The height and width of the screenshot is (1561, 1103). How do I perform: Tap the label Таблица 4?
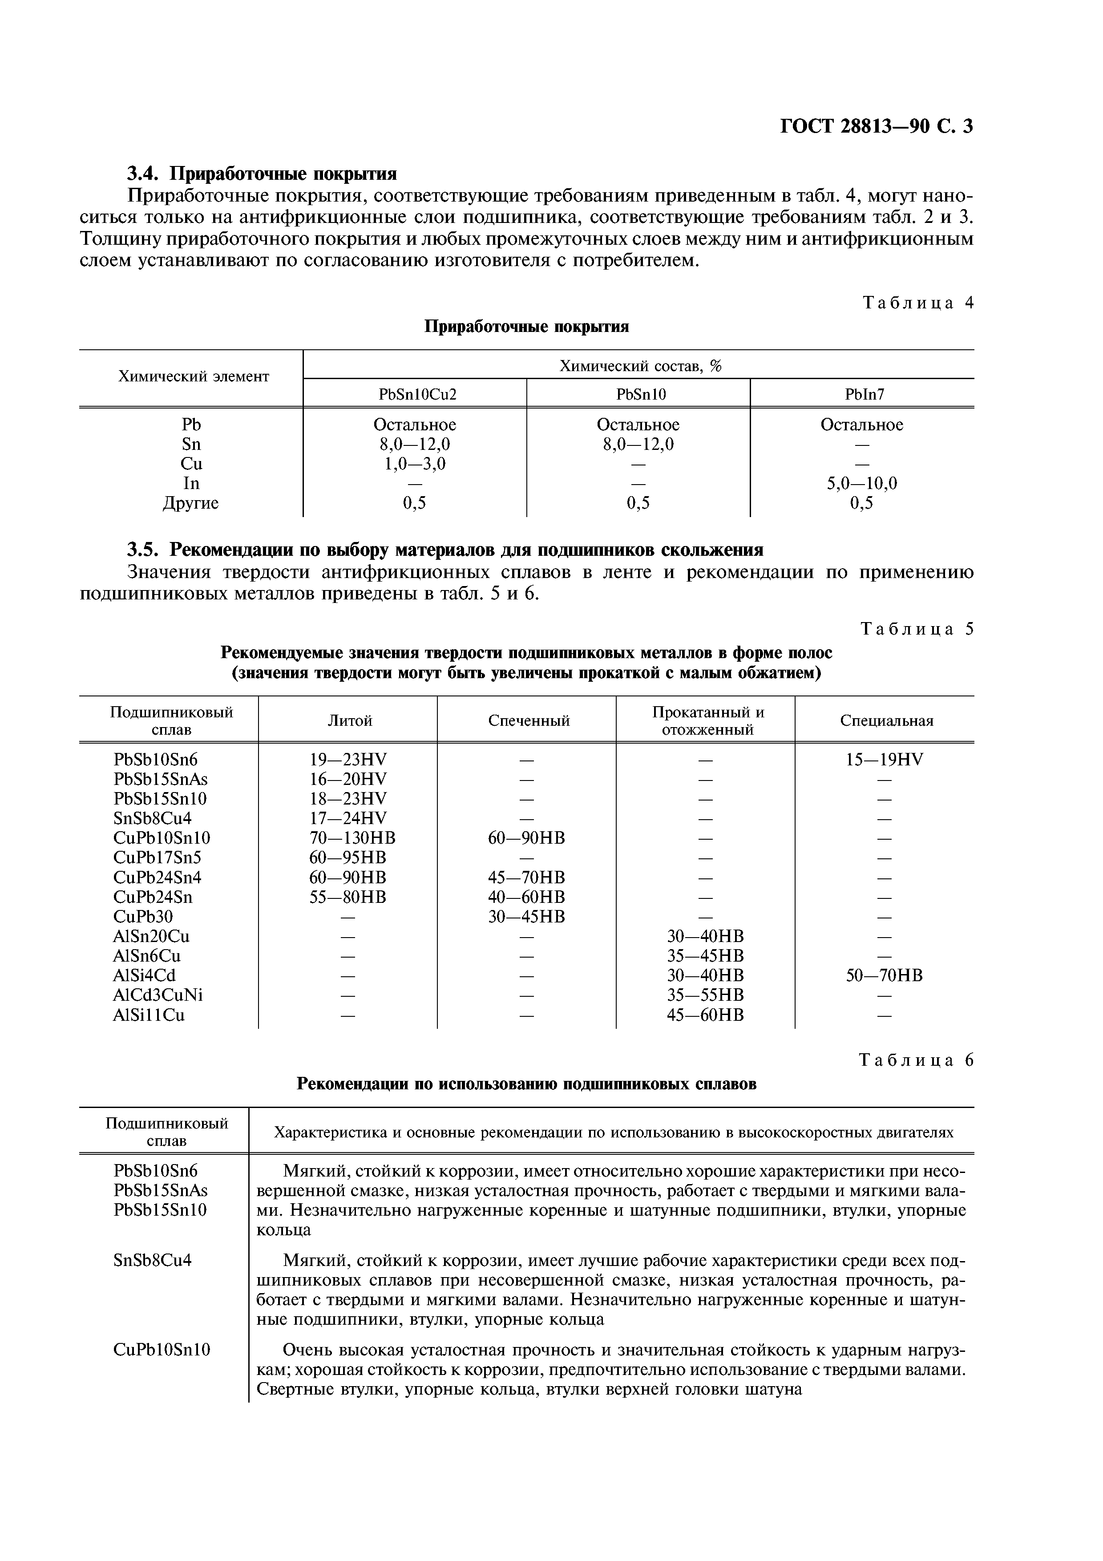[x=917, y=303]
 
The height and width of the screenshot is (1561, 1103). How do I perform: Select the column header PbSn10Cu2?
[x=415, y=394]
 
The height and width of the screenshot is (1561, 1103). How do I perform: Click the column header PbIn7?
[x=862, y=394]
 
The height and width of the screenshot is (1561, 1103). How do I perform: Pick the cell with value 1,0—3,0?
[x=415, y=464]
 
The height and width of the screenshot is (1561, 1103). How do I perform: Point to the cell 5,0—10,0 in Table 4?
[x=862, y=483]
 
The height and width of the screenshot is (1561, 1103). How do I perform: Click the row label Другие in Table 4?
[x=191, y=503]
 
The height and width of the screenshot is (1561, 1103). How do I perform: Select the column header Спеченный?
[x=528, y=721]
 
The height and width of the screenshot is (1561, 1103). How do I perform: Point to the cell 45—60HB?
[x=705, y=1015]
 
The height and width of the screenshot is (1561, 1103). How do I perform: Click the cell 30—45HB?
[x=527, y=917]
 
